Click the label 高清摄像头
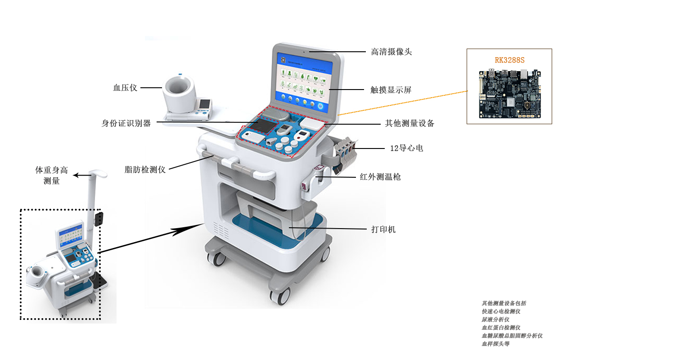[391, 52]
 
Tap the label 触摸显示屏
[391, 90]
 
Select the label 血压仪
[125, 88]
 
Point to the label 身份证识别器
[126, 123]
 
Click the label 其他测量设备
[409, 123]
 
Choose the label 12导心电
[406, 148]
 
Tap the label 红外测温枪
[380, 177]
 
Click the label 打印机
[383, 229]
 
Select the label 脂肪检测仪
[145, 170]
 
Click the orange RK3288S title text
[509, 60]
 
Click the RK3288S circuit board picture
[510, 94]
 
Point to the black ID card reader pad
[263, 126]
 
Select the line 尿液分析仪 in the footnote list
[495, 319]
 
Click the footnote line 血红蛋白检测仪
[501, 328]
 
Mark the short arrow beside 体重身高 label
[82, 175]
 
